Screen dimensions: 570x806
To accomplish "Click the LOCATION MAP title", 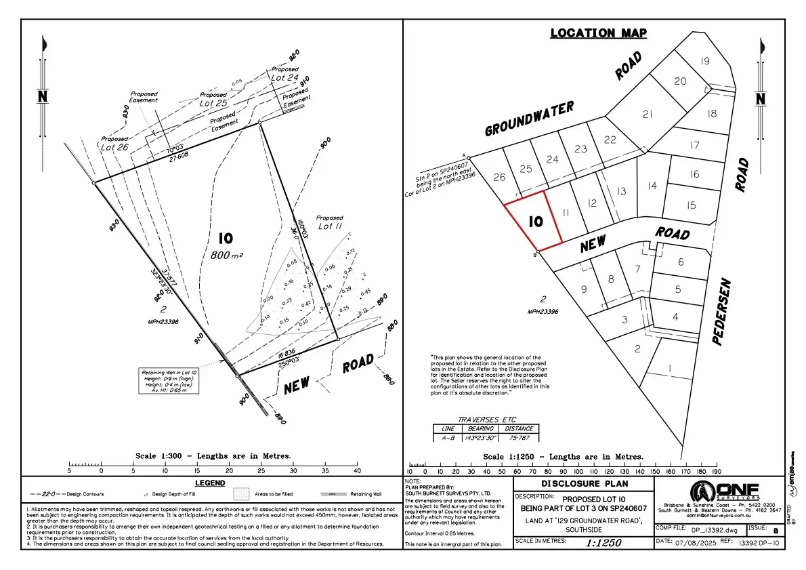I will (x=598, y=33).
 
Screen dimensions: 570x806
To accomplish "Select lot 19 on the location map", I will (x=704, y=62).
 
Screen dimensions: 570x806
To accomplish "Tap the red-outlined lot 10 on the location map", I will (x=535, y=222).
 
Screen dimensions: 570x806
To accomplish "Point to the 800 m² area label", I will (x=226, y=255).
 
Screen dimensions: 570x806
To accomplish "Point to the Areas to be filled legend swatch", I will (x=242, y=494).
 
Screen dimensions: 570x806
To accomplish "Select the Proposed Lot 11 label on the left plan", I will (x=329, y=222).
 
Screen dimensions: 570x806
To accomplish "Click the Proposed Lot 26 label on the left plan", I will (x=113, y=143).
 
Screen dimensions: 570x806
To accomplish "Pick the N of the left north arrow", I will (x=43, y=97).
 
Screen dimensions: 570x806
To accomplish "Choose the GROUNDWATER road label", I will (x=529, y=119).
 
